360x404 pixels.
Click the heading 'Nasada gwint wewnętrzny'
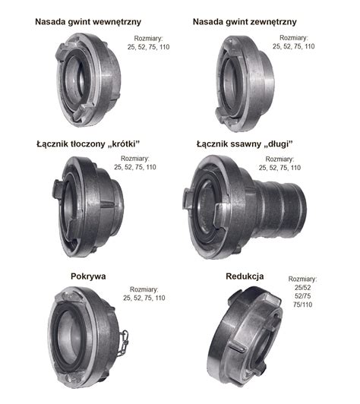(88, 22)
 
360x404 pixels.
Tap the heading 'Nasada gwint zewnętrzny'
(245, 22)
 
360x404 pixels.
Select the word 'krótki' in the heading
(123, 144)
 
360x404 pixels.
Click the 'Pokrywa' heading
(88, 276)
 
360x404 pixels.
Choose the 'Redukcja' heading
(245, 276)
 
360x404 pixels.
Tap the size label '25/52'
(303, 288)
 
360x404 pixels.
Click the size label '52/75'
(303, 296)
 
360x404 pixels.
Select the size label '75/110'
(303, 305)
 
